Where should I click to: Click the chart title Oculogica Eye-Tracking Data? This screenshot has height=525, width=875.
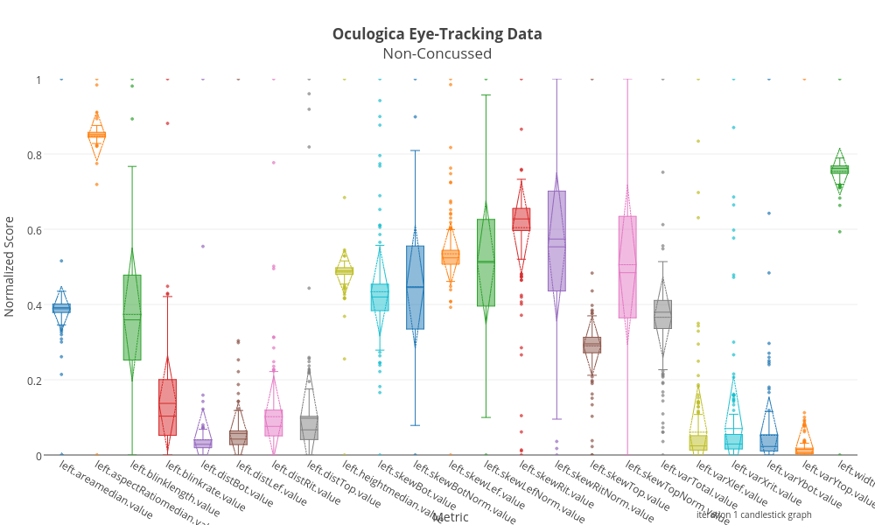pos(437,34)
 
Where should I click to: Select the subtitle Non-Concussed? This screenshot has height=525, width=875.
pos(437,54)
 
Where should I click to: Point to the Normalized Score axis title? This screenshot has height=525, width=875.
pos(10,266)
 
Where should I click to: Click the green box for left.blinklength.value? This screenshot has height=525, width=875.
pos(132,318)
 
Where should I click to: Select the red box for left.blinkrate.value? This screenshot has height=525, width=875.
pos(167,407)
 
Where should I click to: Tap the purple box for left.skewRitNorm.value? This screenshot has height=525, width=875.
pos(556,241)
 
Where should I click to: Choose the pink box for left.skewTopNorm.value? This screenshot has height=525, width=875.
pos(627,267)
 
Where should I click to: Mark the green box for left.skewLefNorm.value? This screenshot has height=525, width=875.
pos(486,262)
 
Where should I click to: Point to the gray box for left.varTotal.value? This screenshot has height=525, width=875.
pos(662,314)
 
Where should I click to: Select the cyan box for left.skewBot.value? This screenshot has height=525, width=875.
pos(380,297)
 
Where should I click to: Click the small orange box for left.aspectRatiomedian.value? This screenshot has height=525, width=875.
pos(96,135)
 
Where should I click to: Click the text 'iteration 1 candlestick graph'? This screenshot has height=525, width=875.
pos(753,514)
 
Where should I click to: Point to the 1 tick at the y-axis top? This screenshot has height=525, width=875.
pos(38,80)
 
